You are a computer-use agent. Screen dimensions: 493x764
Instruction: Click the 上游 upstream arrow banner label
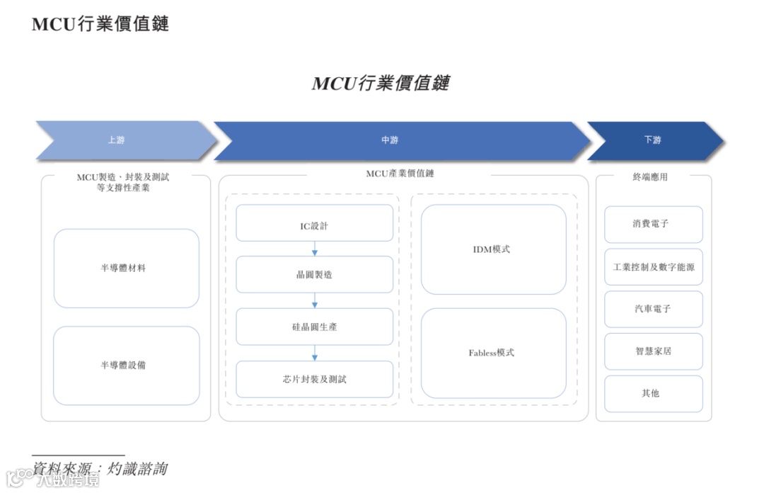click(116, 140)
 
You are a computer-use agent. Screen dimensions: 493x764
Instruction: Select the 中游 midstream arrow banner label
click(390, 140)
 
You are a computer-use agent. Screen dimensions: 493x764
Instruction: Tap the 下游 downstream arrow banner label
click(652, 140)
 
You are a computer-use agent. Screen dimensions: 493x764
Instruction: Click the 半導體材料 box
click(127, 268)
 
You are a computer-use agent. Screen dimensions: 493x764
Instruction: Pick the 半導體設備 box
click(127, 365)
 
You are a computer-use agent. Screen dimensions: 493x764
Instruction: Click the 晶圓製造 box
click(314, 275)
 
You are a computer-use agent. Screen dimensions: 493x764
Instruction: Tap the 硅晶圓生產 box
click(314, 327)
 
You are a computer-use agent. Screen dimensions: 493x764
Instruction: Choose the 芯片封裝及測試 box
click(314, 380)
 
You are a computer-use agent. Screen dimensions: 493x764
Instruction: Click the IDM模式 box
click(493, 249)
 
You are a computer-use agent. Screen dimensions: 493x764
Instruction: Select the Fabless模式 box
click(493, 353)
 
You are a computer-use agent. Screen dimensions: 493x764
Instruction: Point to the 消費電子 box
click(653, 225)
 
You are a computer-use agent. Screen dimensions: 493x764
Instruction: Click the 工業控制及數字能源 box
click(653, 268)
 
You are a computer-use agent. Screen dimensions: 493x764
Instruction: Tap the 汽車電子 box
click(653, 310)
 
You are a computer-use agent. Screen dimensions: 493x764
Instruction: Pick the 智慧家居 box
click(653, 351)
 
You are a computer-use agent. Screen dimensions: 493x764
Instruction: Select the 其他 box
click(653, 393)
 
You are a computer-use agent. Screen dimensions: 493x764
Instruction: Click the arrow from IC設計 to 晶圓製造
click(315, 249)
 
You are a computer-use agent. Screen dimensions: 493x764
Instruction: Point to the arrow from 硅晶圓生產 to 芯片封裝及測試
click(315, 353)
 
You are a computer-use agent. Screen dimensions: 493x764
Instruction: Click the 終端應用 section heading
click(650, 177)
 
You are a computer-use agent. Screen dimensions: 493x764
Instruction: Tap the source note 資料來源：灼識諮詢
click(100, 469)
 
